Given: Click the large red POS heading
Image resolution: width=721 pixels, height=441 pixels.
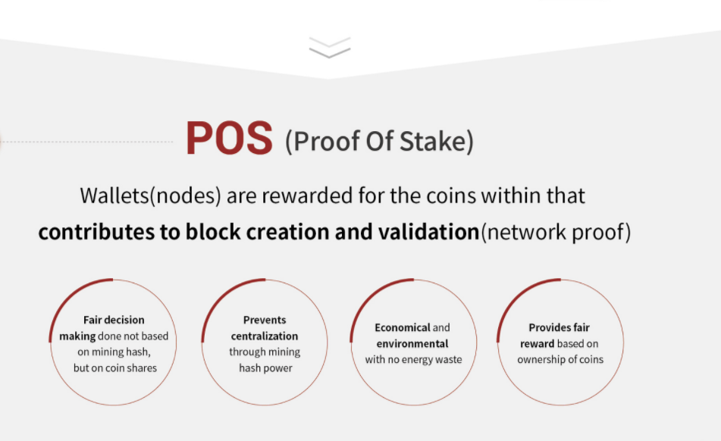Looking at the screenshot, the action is [x=229, y=138].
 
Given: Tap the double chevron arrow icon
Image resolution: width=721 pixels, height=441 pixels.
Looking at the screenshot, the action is [x=330, y=47].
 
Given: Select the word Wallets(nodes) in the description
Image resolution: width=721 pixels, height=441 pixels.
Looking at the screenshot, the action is [x=150, y=195].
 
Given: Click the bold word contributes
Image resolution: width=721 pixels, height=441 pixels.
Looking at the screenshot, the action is [x=96, y=232].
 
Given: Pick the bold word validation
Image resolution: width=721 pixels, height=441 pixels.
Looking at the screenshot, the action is [x=429, y=232].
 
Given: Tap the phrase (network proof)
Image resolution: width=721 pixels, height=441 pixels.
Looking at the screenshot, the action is [x=556, y=232].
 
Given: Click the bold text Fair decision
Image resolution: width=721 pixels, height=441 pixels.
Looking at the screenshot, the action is [x=114, y=320].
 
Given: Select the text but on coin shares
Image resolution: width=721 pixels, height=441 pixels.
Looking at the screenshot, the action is [x=115, y=368].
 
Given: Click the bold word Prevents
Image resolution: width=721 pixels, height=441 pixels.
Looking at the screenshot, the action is [x=265, y=320].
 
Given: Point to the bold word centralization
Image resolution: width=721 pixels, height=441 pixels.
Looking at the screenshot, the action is [x=265, y=336].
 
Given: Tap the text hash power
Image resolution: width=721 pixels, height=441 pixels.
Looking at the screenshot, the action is [x=266, y=368].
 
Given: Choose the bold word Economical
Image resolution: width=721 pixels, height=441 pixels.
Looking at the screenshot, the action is [x=403, y=327].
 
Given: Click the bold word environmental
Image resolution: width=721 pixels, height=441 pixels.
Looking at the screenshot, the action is [x=412, y=343].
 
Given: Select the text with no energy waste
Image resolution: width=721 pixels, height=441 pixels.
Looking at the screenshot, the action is [x=413, y=360].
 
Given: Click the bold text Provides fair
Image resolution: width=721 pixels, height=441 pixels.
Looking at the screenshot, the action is [x=560, y=327].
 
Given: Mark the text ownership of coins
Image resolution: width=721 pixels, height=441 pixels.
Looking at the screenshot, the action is [x=560, y=360].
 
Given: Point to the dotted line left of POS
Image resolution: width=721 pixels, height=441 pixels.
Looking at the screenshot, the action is [x=86, y=142].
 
